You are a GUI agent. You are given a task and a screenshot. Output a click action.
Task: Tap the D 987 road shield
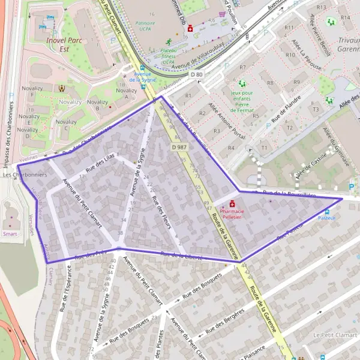(x=178, y=147)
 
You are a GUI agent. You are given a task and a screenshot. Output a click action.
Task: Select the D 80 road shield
(x=197, y=74)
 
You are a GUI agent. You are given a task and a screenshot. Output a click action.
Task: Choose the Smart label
(x=10, y=233)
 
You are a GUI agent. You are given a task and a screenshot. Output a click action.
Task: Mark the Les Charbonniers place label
(x=17, y=175)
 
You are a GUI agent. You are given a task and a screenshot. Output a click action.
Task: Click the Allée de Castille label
(x=307, y=165)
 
